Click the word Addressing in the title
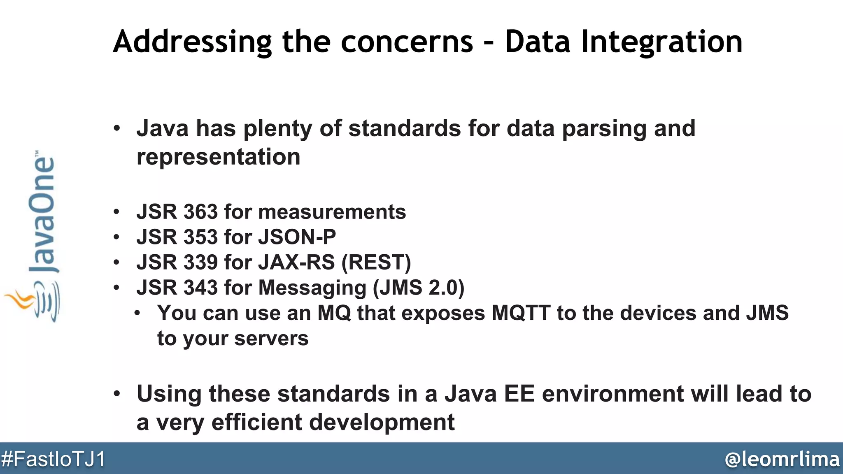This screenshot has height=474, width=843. coord(192,42)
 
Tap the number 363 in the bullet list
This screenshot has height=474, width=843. coord(200,212)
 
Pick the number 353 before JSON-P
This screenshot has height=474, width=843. coord(200,237)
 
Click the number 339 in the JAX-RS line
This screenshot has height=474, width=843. coord(200,262)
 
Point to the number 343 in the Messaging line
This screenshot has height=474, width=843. coord(200,287)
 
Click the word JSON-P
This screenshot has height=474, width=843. coord(297,237)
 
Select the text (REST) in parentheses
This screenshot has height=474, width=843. coord(376,263)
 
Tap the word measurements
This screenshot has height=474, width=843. coord(332,212)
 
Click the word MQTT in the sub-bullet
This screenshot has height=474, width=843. coord(521,313)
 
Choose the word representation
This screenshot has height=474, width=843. coord(218,157)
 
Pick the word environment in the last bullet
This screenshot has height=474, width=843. coord(613,394)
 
